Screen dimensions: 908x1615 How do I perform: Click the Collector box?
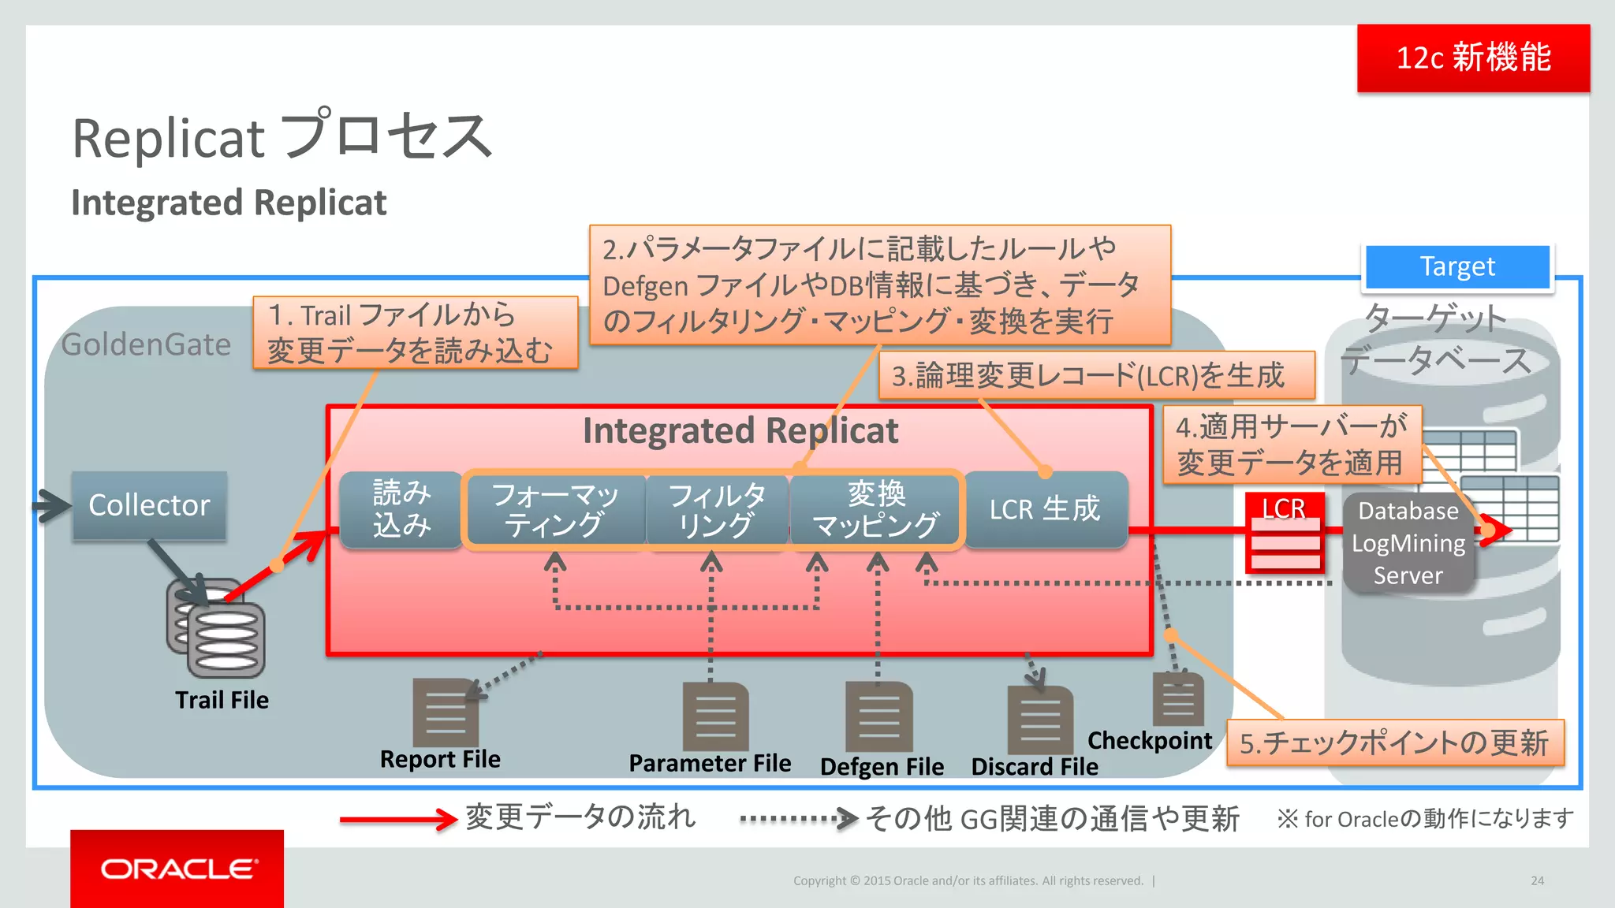click(x=149, y=505)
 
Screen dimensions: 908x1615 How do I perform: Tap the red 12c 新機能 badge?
click(x=1473, y=58)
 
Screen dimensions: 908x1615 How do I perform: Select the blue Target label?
click(x=1457, y=266)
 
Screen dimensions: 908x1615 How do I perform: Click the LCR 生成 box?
click(x=1045, y=509)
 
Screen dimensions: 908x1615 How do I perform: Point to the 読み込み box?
click(x=401, y=509)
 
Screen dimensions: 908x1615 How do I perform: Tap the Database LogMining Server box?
click(x=1408, y=543)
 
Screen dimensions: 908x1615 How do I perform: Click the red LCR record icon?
click(x=1285, y=534)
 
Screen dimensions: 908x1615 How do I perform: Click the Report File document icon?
click(x=446, y=713)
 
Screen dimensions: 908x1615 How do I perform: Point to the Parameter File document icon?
click(x=715, y=716)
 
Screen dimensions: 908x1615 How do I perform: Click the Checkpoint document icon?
click(x=1178, y=700)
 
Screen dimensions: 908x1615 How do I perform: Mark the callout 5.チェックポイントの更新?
click(x=1394, y=742)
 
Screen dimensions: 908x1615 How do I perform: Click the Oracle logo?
click(x=177, y=869)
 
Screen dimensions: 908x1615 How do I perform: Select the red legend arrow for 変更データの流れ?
click(x=398, y=820)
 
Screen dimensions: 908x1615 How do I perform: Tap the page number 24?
click(x=1537, y=880)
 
